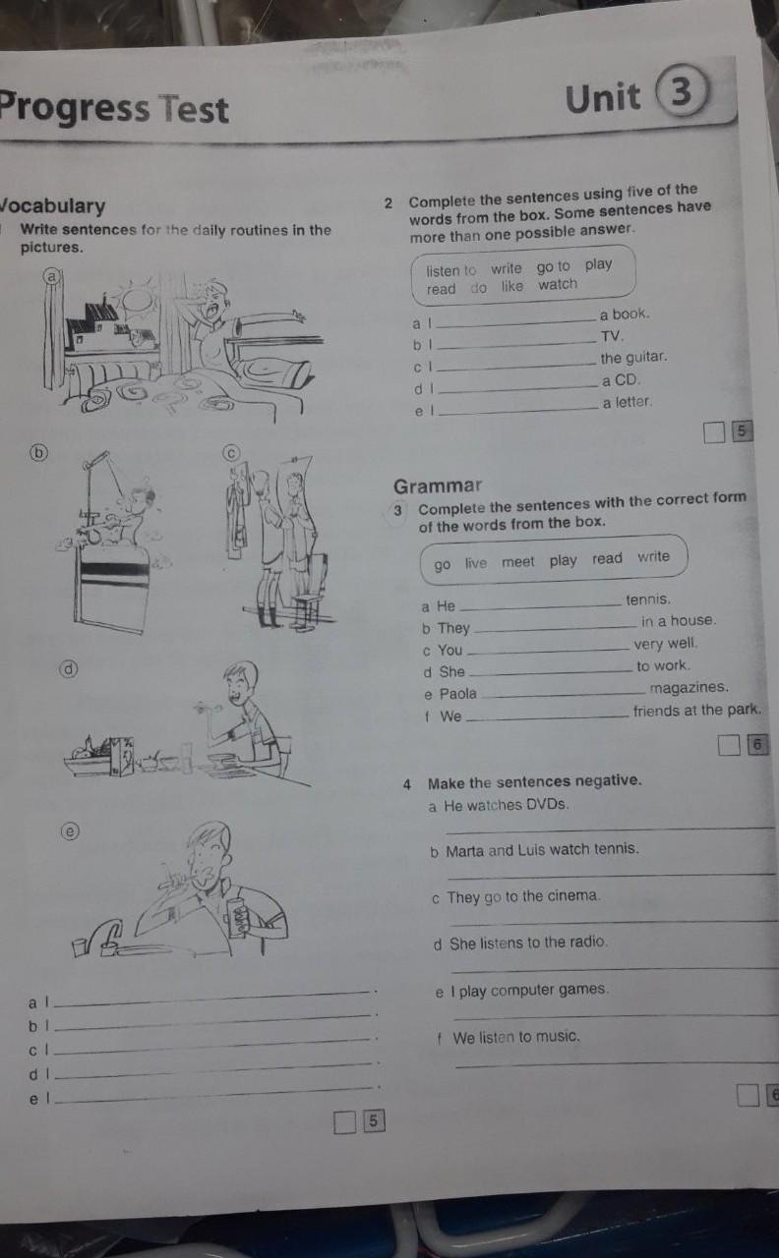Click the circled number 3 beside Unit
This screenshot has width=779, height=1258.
pyautogui.click(x=682, y=90)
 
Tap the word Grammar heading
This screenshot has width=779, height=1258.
pyautogui.click(x=438, y=486)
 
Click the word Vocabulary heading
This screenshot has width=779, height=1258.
pyautogui.click(x=52, y=206)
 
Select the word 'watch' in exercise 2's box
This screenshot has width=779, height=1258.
pyautogui.click(x=558, y=285)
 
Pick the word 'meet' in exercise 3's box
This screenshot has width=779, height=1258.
pyautogui.click(x=517, y=561)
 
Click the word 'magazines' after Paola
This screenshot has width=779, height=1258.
pyautogui.click(x=689, y=687)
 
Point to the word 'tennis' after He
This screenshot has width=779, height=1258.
pyautogui.click(x=648, y=600)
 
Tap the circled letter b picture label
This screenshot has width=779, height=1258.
pyautogui.click(x=38, y=453)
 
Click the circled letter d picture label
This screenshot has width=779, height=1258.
pyautogui.click(x=69, y=669)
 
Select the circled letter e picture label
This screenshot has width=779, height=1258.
pyautogui.click(x=70, y=831)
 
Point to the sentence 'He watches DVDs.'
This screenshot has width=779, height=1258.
pyautogui.click(x=507, y=805)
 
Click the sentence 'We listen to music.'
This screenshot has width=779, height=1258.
pyautogui.click(x=516, y=1037)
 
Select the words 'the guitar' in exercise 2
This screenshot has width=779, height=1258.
pyautogui.click(x=633, y=357)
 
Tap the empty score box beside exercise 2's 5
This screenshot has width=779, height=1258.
pyautogui.click(x=714, y=432)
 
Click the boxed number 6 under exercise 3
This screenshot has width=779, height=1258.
pyautogui.click(x=757, y=745)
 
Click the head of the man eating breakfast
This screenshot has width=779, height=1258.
pyautogui.click(x=242, y=682)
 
